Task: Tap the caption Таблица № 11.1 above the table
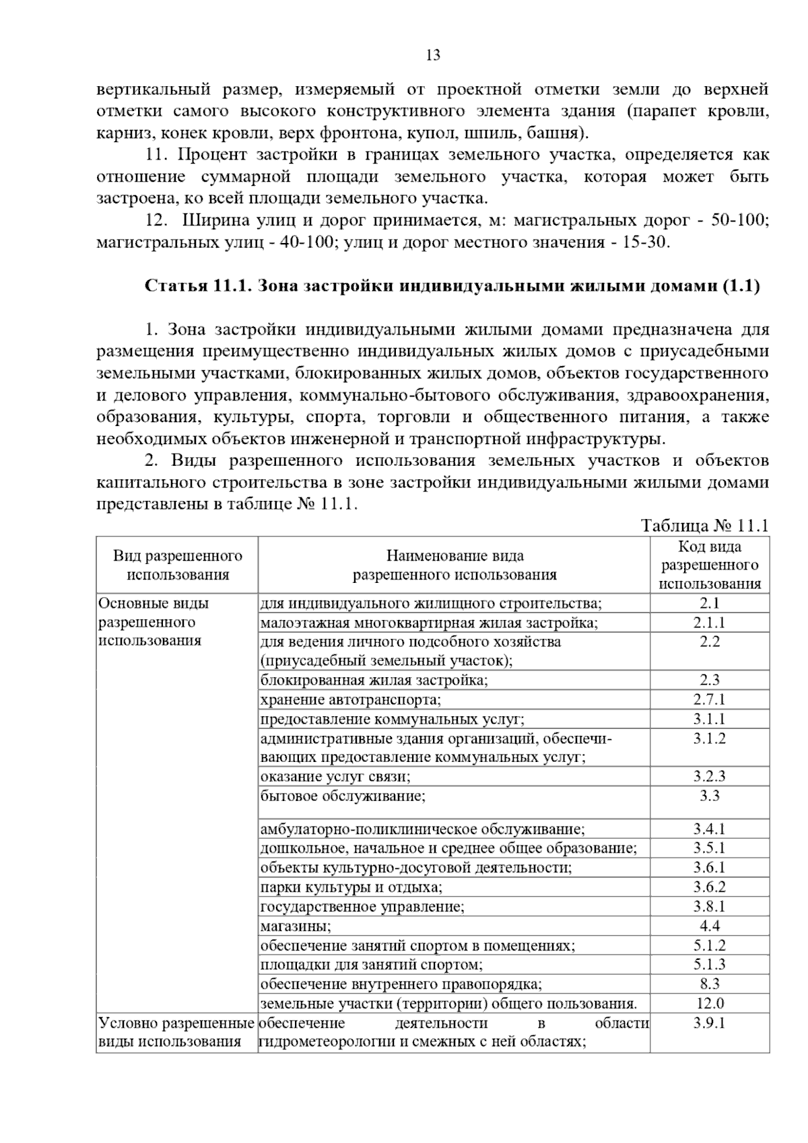tap(704, 526)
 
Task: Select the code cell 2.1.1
tap(710, 623)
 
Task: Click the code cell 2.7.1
tap(710, 699)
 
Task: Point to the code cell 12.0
tap(710, 1003)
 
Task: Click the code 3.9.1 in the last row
tap(710, 1023)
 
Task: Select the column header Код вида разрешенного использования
tap(710, 565)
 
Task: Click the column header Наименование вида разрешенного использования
tap(454, 565)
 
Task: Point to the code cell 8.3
tap(710, 983)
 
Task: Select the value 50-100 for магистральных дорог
tap(739, 221)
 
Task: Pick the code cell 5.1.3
tap(710, 965)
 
